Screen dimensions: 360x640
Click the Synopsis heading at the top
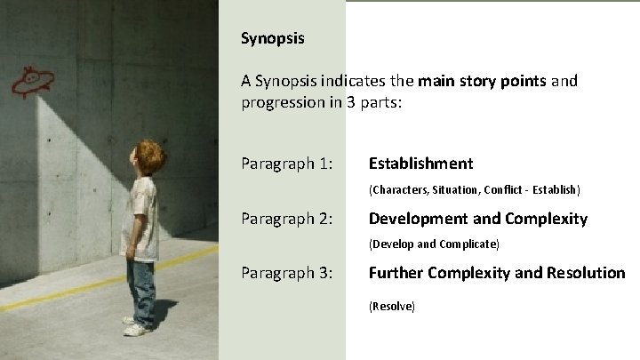[x=272, y=38]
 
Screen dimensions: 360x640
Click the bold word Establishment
[x=420, y=164]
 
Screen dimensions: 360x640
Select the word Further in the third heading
[x=395, y=273]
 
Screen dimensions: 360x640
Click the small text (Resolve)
[x=391, y=306]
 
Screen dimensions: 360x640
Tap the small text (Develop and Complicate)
[x=434, y=244]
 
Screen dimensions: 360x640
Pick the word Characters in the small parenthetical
[x=400, y=189]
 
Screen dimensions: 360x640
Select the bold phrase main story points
[x=483, y=81]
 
